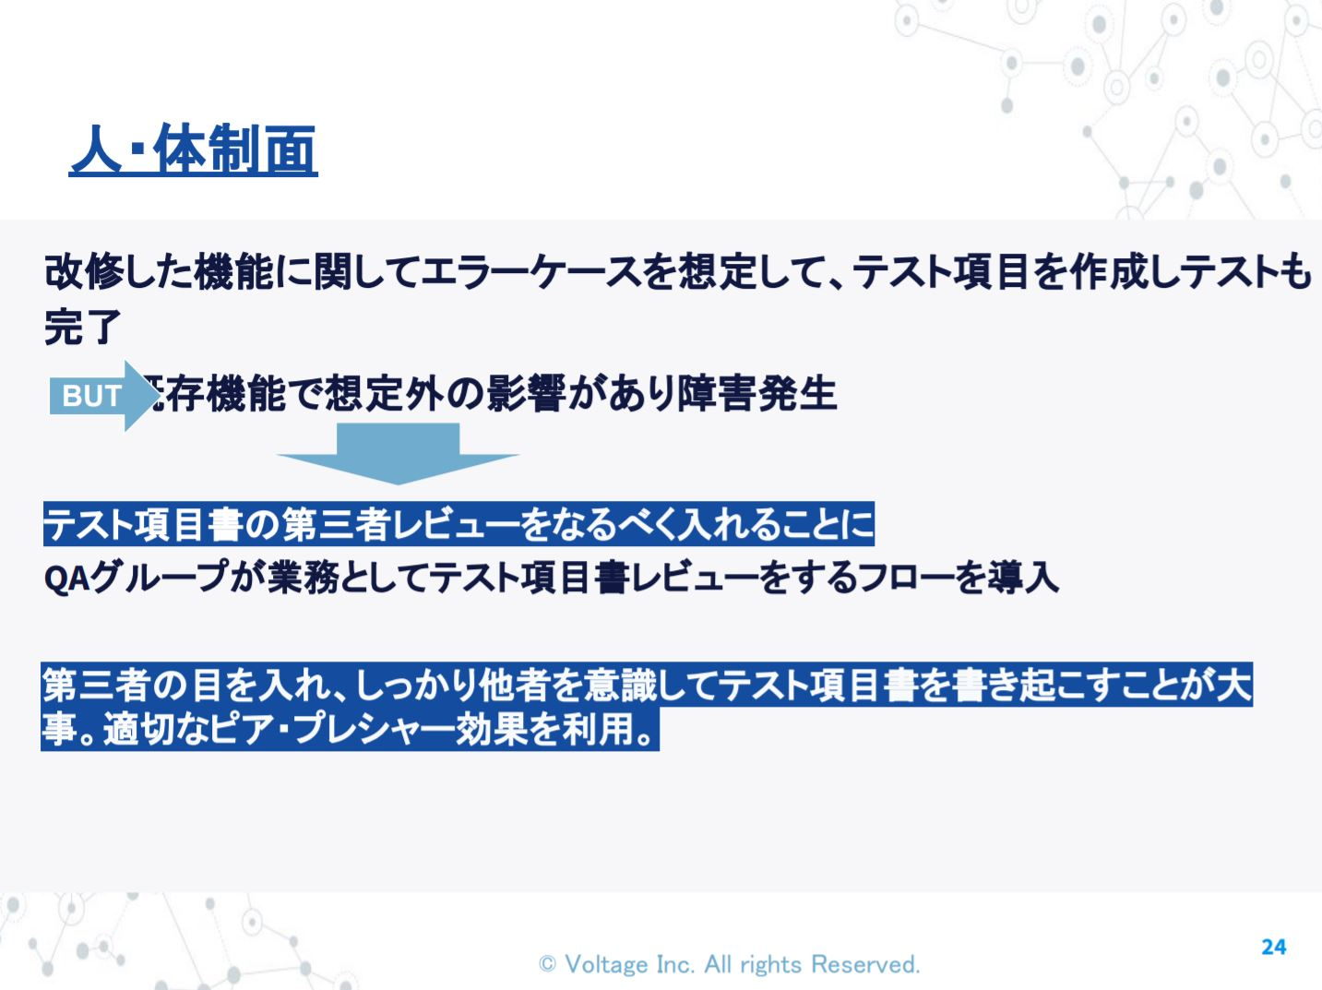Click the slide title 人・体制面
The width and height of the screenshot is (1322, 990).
pos(194,149)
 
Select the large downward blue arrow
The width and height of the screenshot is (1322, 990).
pos(398,453)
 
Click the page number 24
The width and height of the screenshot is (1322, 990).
pos(1273,948)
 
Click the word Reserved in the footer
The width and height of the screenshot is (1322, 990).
pos(864,965)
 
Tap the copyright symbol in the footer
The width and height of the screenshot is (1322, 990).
pos(547,964)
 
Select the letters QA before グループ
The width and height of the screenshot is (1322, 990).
pos(67,579)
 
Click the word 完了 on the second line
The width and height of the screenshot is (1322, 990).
pos(82,327)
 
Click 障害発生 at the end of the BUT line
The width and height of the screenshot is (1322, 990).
pos(757,395)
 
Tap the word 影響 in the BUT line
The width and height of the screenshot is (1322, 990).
pos(527,395)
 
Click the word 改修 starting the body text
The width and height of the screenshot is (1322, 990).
pos(84,271)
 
